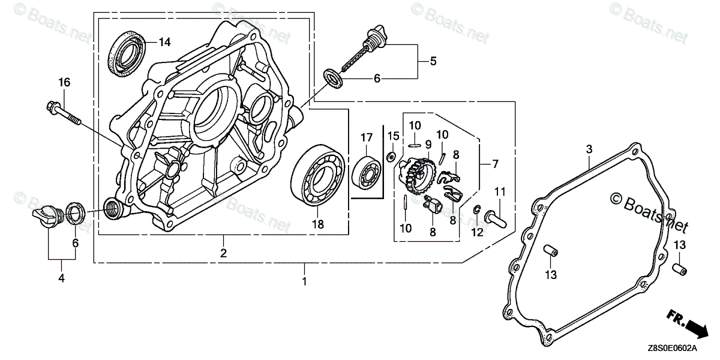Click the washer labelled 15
tap(390, 157)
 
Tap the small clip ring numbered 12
tap(476, 210)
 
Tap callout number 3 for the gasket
tap(589, 148)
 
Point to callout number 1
tap(304, 281)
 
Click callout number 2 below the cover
tap(223, 253)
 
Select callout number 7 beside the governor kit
tap(496, 164)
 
